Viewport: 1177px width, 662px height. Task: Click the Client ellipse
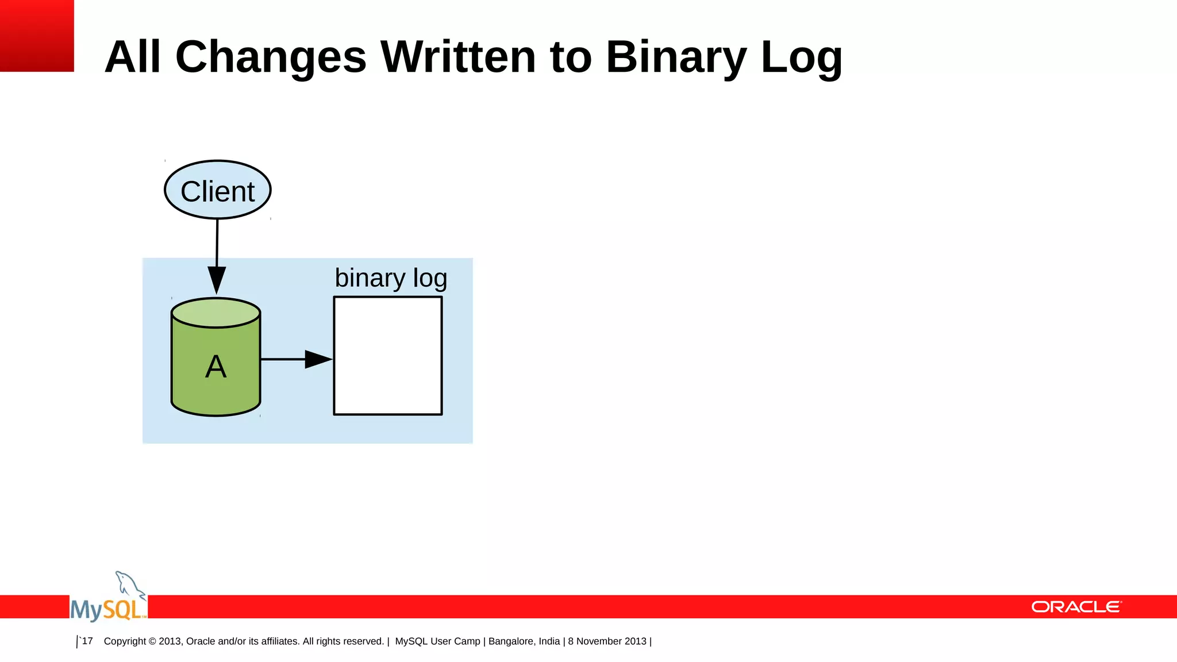tap(217, 190)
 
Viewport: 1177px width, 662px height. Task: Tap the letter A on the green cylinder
tap(216, 367)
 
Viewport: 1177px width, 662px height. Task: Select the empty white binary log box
tap(388, 356)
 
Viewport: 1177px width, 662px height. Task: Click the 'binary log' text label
tap(391, 278)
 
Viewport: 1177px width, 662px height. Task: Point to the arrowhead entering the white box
tap(318, 359)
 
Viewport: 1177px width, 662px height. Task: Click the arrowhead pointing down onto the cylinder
tap(217, 280)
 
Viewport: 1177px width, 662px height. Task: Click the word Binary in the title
tap(676, 57)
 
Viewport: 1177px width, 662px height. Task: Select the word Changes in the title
tap(271, 57)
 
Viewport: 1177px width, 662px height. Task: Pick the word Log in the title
tap(801, 57)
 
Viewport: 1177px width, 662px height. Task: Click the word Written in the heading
tap(458, 57)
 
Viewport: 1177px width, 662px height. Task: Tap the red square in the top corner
tap(37, 36)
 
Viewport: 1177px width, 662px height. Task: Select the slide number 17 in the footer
tap(87, 641)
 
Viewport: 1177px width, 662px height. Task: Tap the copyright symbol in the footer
tap(152, 641)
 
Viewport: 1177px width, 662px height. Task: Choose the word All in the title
tap(132, 57)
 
